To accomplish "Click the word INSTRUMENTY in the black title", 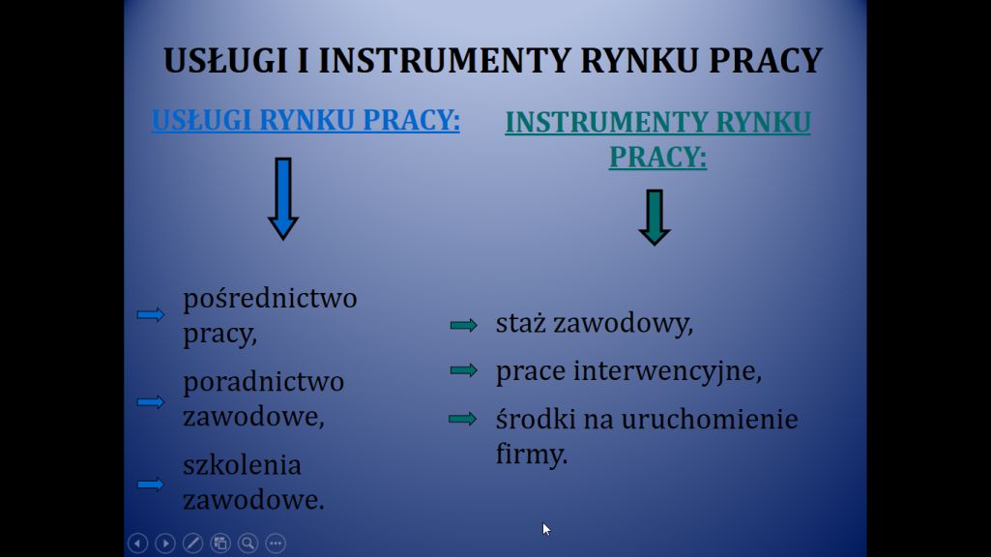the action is (445, 61).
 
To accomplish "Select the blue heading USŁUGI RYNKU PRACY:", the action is (306, 120).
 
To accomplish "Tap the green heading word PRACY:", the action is (658, 156).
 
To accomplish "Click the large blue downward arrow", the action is (283, 198).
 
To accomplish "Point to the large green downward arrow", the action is (655, 217).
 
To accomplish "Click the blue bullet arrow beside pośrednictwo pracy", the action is (151, 314).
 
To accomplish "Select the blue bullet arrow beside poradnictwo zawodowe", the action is (151, 401).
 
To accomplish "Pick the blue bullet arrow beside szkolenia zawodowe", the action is (151, 484).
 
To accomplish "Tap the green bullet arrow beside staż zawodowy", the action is (464, 325).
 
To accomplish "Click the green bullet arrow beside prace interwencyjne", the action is (464, 369).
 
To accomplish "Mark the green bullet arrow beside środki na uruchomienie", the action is (463, 419).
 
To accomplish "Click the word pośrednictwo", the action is (270, 299).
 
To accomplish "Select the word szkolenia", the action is (242, 465).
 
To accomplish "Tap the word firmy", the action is (532, 454).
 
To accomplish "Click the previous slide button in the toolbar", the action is (138, 543).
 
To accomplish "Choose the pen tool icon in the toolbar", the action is (192, 543).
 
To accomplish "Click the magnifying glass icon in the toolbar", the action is (248, 543).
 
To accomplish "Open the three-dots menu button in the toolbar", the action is (276, 543).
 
